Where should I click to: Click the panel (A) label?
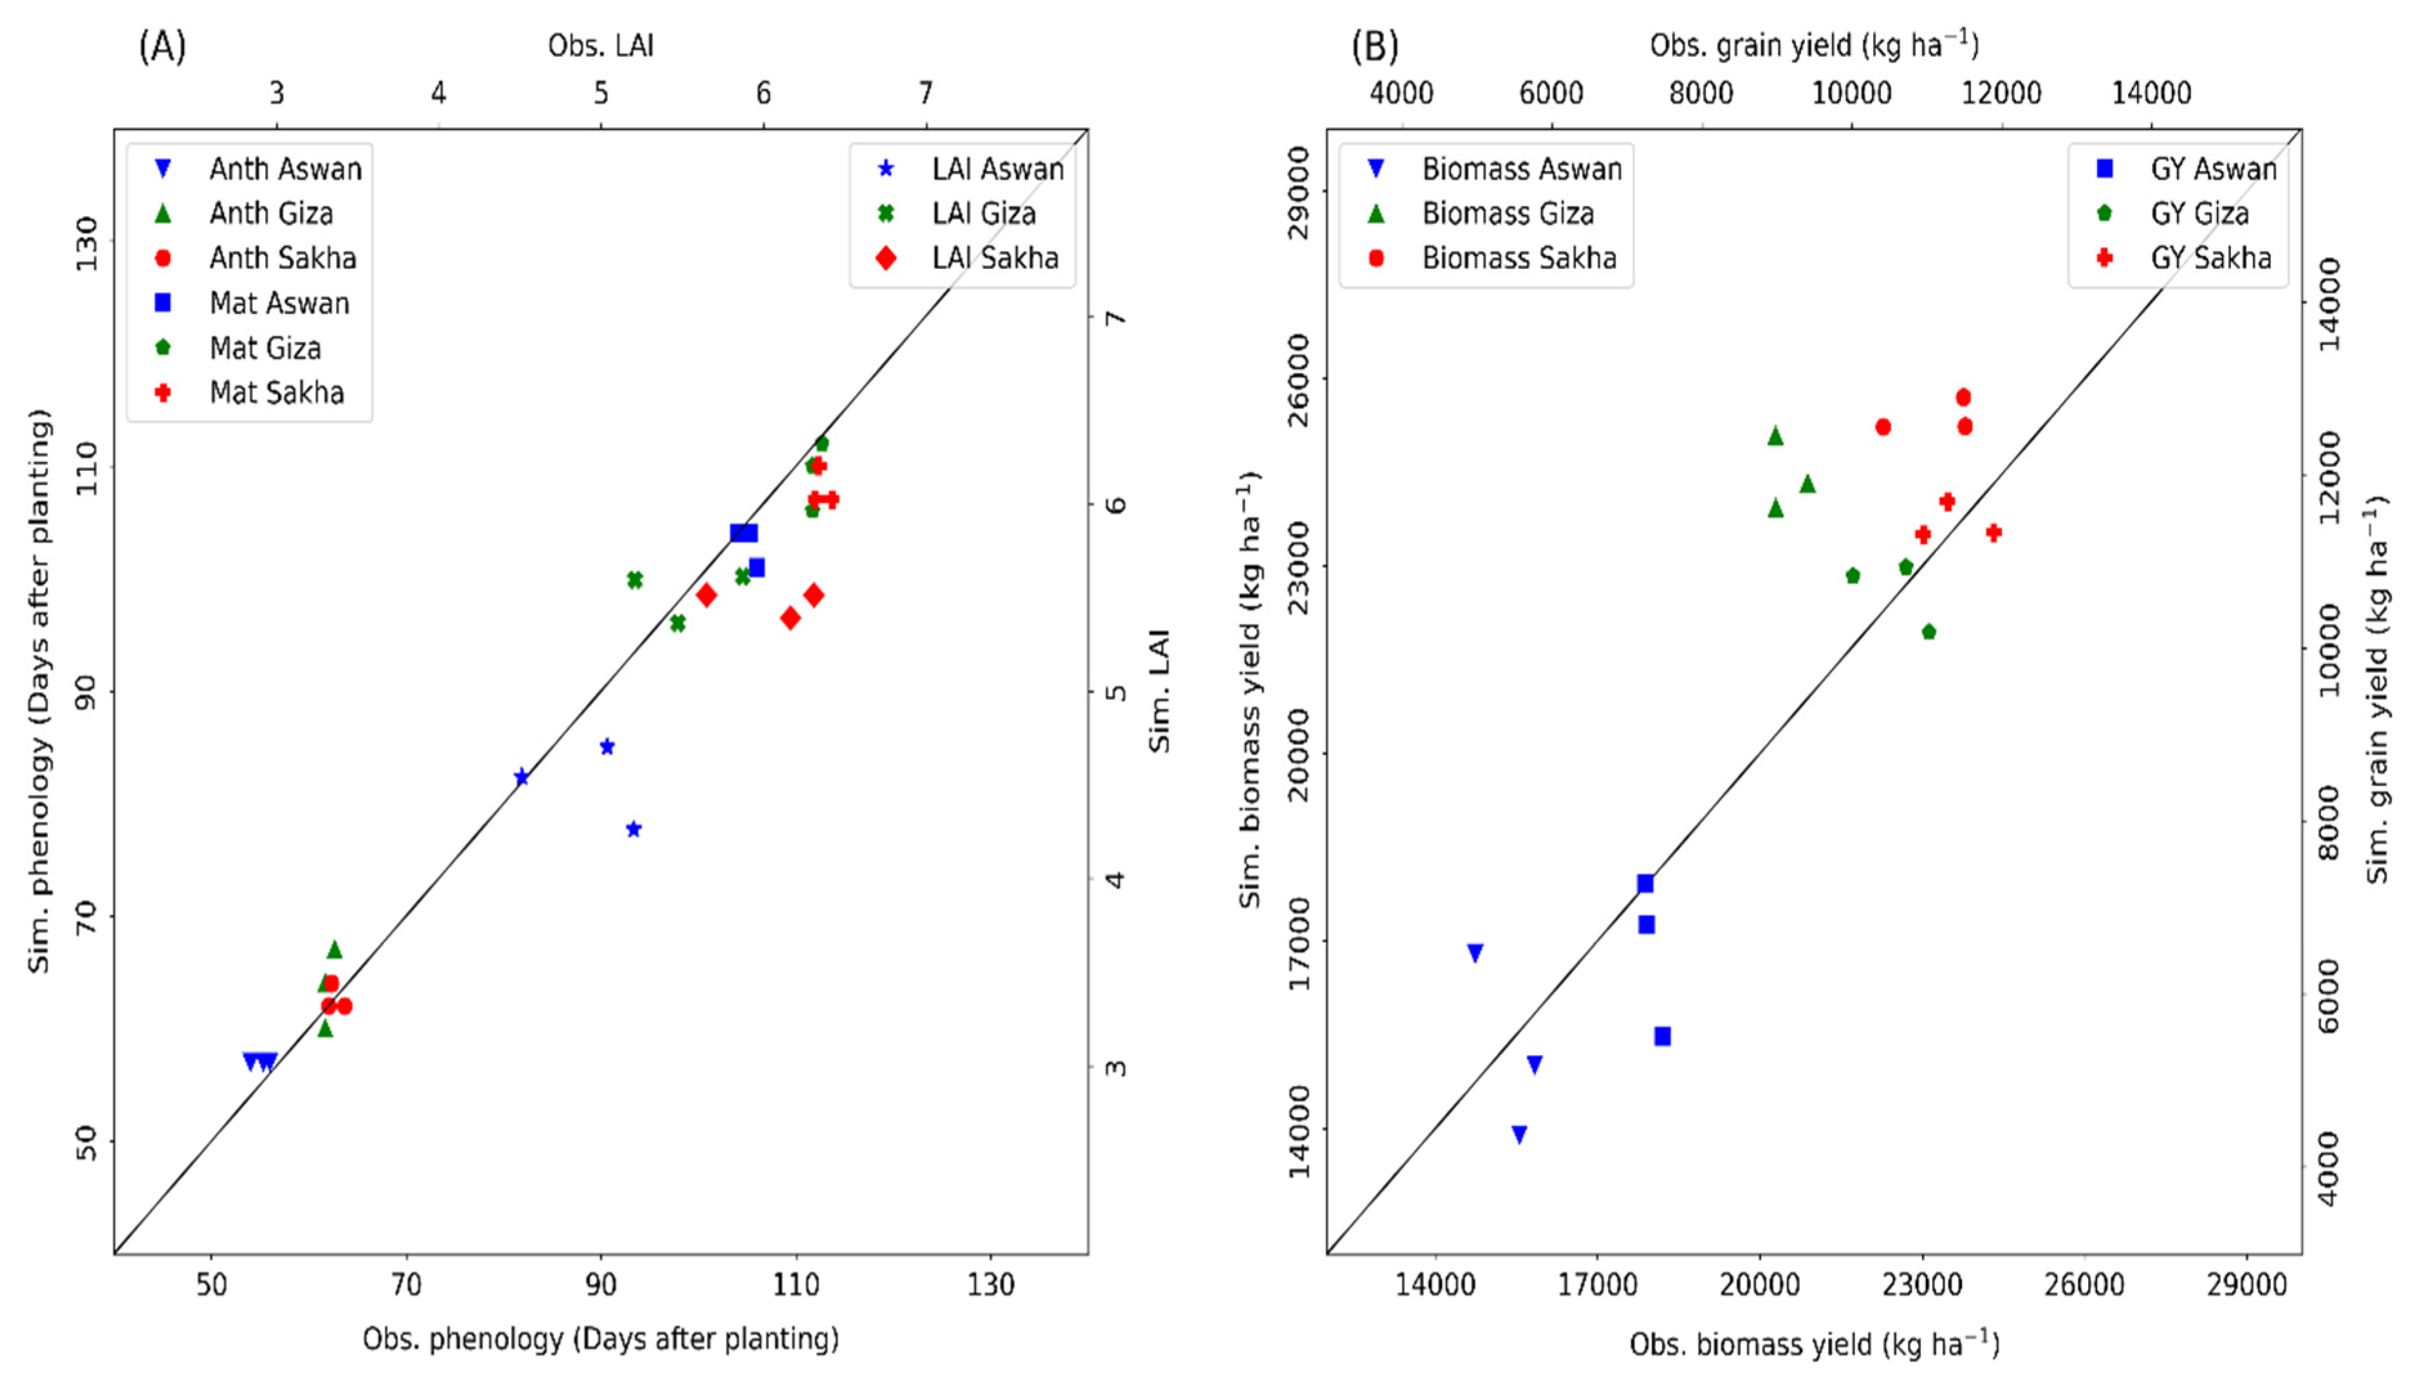click(x=162, y=46)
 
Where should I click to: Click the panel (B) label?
click(x=1374, y=46)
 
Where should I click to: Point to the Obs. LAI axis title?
click(x=601, y=46)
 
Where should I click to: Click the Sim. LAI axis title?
click(x=1160, y=691)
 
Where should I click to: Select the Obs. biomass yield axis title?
click(x=1814, y=1343)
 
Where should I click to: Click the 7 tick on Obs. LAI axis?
click(x=925, y=93)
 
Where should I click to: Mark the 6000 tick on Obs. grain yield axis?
click(x=1551, y=93)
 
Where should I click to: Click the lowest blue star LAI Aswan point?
click(x=634, y=829)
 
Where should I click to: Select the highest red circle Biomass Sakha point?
click(x=1963, y=397)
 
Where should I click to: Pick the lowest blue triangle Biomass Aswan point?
click(x=1519, y=1134)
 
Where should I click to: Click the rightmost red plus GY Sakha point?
click(x=1994, y=533)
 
